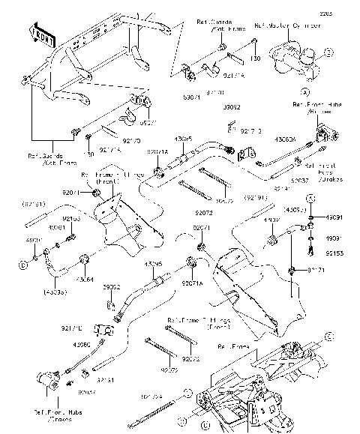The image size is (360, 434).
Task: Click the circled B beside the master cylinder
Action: pyautogui.click(x=328, y=52)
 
